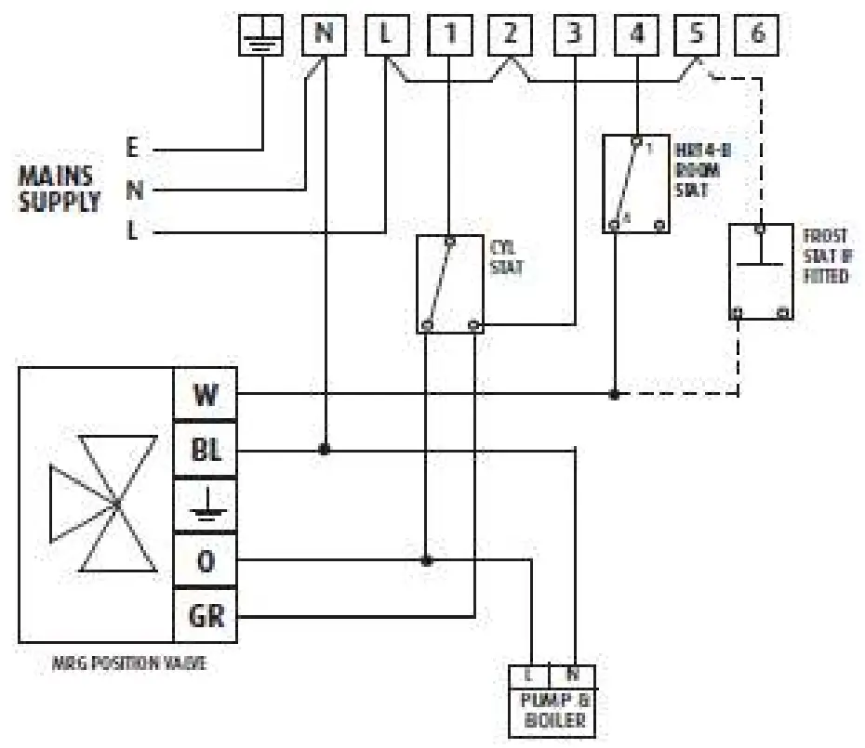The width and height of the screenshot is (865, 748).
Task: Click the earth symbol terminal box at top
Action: [x=261, y=36]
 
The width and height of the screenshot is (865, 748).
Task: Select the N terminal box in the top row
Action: [x=324, y=36]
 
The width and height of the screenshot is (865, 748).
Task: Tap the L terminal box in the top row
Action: [x=386, y=36]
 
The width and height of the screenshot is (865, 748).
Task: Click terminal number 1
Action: [x=450, y=36]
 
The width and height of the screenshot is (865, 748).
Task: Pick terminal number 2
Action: [x=510, y=36]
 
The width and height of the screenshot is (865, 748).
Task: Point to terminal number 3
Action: [x=575, y=36]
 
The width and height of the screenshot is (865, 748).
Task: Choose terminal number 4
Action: [x=636, y=36]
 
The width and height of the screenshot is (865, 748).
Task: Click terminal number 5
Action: [x=698, y=36]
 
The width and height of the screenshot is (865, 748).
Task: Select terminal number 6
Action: [x=757, y=36]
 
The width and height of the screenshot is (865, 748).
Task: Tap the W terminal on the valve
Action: [x=206, y=395]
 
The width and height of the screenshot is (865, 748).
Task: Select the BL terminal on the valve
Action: [x=206, y=451]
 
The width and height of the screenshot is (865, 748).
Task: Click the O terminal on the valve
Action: [x=206, y=561]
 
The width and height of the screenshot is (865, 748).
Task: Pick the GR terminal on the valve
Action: [x=206, y=615]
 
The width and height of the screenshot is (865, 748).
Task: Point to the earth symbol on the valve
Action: [x=206, y=505]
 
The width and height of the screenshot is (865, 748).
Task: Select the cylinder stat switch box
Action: [x=450, y=284]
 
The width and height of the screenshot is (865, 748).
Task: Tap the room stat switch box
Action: [x=636, y=183]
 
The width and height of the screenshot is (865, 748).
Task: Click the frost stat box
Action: [x=761, y=271]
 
